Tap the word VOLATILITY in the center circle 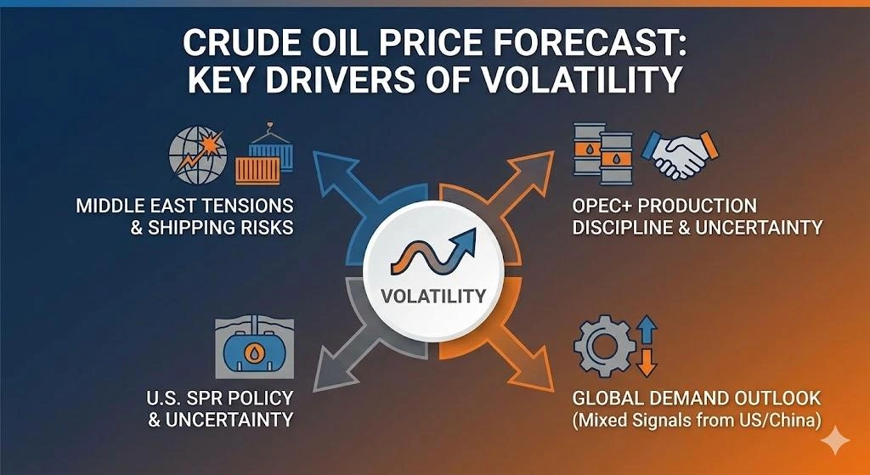(434, 297)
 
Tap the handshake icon (681, 153)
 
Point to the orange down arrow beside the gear (647, 363)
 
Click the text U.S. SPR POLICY (218, 398)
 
